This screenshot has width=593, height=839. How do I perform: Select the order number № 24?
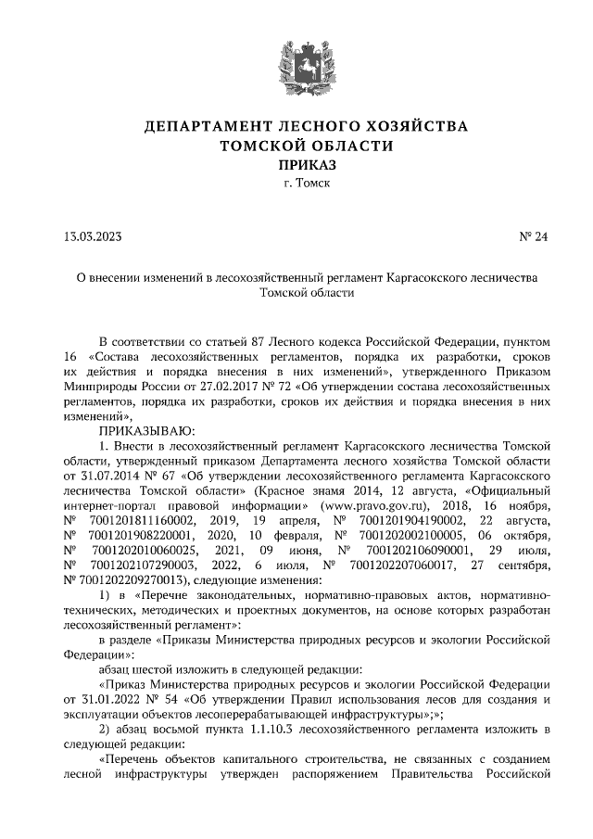point(535,236)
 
